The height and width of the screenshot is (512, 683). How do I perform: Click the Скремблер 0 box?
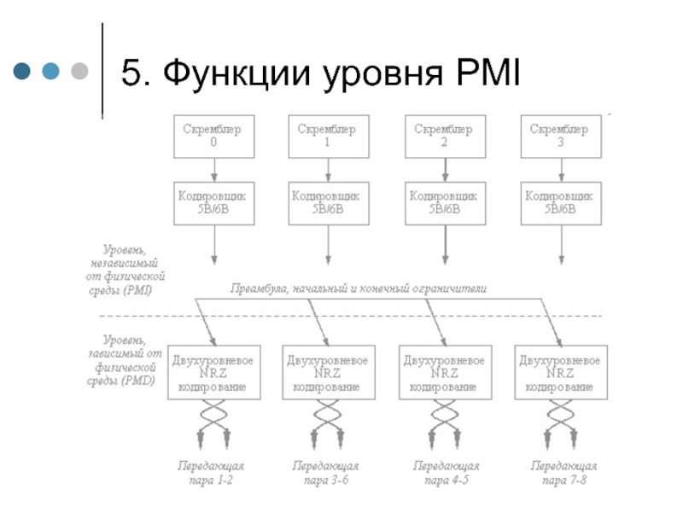213,136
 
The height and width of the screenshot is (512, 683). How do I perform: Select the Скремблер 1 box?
327,136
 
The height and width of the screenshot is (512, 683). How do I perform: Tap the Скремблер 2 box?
443,136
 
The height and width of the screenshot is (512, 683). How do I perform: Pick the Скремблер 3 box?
559,136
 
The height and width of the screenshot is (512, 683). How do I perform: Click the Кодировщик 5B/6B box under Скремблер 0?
213,202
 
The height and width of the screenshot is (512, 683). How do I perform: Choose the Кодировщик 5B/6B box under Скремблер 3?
559,202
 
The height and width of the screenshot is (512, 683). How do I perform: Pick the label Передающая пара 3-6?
325,474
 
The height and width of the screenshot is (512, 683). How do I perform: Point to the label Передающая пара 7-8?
563,474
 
